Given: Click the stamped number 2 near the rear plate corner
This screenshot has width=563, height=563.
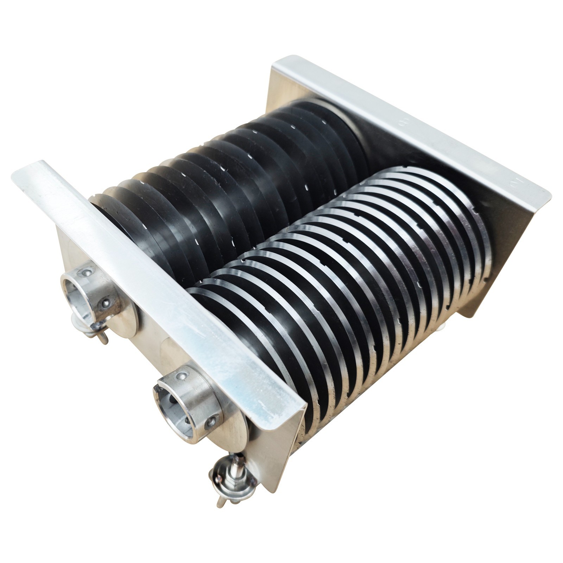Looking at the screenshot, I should [x=512, y=182].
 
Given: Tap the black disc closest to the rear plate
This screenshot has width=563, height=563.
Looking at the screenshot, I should [x=345, y=120].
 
